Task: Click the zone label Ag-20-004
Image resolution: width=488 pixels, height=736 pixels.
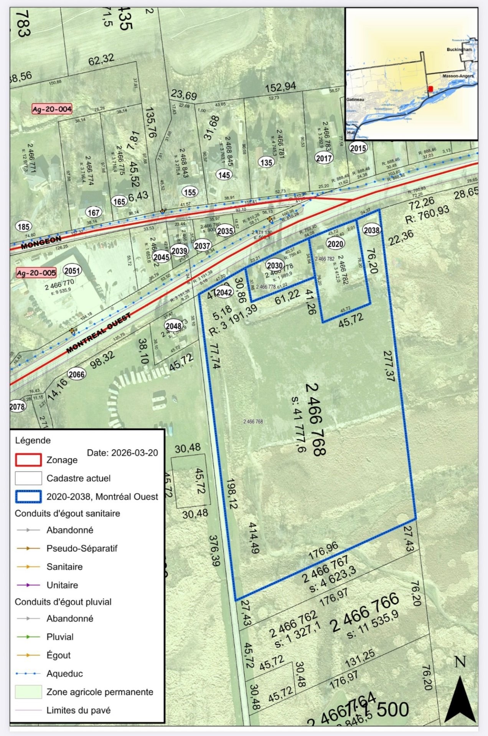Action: click(52, 109)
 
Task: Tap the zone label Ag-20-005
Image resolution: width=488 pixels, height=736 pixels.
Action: click(36, 273)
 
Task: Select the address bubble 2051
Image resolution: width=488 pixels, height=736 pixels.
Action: click(72, 271)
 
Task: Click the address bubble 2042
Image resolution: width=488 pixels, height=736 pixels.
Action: click(224, 292)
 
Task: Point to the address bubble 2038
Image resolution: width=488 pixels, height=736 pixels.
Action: click(371, 230)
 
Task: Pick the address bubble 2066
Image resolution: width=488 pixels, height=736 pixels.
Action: click(76, 374)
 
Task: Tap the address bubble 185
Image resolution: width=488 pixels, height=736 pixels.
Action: click(24, 227)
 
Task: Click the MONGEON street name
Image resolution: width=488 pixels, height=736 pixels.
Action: click(41, 242)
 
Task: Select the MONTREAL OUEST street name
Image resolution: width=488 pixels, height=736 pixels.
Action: click(99, 333)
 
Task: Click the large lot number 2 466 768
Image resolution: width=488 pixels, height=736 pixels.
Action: click(315, 419)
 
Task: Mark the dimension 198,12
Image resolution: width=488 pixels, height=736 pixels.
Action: click(232, 493)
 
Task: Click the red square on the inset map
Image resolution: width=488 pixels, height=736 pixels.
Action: click(430, 89)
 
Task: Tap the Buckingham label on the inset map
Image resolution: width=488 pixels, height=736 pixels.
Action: click(459, 49)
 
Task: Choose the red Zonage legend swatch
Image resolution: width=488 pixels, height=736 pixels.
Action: click(28, 460)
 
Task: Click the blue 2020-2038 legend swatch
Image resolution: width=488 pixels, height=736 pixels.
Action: click(28, 496)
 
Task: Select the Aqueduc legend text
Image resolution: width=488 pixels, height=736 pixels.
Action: click(64, 674)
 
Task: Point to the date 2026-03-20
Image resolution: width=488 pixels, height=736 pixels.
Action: click(122, 453)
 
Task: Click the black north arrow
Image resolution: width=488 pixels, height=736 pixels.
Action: click(460, 700)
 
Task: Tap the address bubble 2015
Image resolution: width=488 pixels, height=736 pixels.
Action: click(358, 148)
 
